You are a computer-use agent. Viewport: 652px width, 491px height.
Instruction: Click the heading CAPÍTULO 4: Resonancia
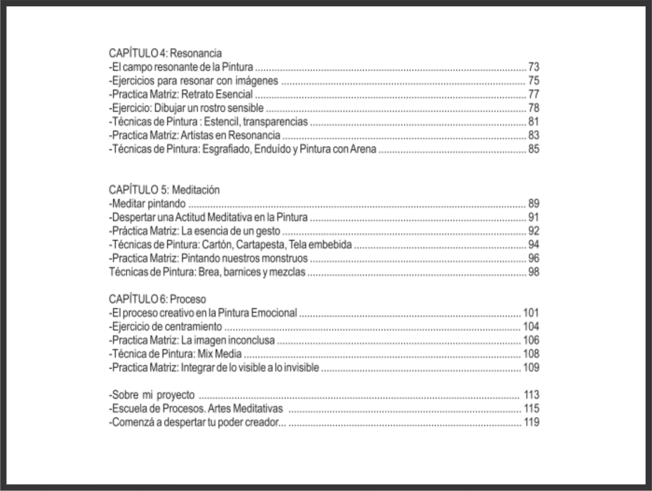[165, 53]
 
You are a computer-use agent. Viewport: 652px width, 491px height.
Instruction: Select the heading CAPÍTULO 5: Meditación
[164, 190]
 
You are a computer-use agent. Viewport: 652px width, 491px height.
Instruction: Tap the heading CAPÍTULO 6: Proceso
[157, 299]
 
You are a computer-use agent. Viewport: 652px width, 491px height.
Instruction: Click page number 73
[534, 67]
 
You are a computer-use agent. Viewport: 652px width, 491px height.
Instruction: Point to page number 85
[534, 150]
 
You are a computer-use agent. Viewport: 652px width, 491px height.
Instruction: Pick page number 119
[531, 422]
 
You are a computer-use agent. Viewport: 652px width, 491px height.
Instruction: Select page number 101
[531, 313]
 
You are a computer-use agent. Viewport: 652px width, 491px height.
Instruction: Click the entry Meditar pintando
[148, 204]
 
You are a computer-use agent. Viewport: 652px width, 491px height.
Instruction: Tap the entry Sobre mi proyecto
[152, 395]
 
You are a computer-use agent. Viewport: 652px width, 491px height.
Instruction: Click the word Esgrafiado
[229, 150]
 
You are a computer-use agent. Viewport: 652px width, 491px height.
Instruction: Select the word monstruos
[284, 259]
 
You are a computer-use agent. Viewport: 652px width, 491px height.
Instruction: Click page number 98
[534, 273]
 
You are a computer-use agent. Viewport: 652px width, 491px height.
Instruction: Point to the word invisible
[299, 368]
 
